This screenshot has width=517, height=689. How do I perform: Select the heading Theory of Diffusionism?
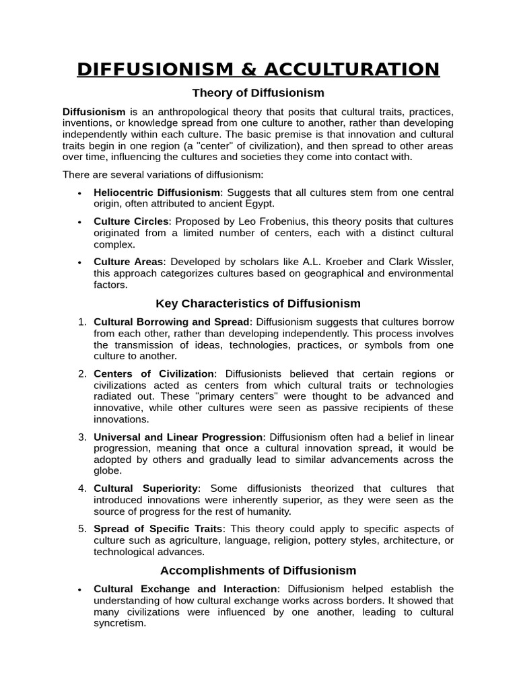tap(258, 93)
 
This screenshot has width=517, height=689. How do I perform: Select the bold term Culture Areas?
tap(129, 262)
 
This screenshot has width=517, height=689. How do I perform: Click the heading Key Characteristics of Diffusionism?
tap(258, 303)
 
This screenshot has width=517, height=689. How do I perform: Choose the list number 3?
tap(82, 437)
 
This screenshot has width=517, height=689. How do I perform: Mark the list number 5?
tap(82, 528)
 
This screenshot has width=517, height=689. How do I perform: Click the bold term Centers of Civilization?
tap(154, 373)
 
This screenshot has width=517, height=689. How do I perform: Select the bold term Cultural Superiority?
tap(146, 488)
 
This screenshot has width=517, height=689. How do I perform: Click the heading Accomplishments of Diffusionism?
tap(258, 571)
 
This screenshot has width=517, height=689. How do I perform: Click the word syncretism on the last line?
tap(120, 623)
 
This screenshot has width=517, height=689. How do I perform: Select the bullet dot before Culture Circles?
tap(79, 222)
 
